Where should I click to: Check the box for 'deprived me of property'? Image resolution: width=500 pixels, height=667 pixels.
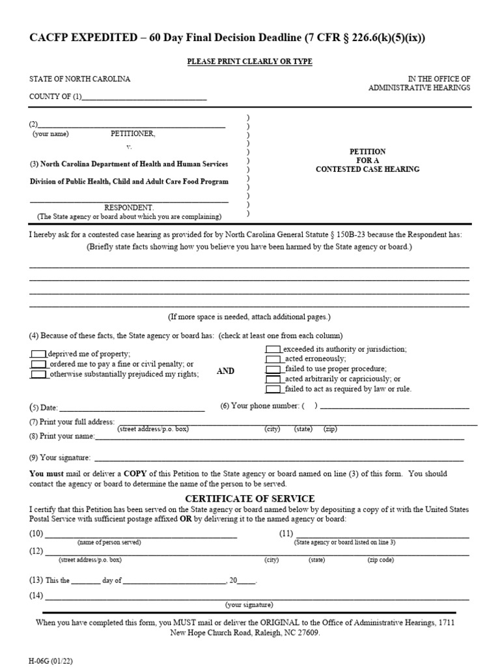pos(38,354)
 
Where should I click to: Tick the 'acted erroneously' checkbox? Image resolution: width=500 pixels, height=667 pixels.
pos(273,359)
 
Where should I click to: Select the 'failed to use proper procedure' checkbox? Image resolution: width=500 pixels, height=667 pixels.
pos(273,369)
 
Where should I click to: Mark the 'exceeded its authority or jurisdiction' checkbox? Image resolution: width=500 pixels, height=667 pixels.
pos(273,349)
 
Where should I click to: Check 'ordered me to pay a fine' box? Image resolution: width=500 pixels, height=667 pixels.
pos(38,364)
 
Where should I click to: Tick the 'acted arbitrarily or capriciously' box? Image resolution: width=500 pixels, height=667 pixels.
pos(273,379)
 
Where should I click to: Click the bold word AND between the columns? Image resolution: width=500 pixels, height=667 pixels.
pos(225,370)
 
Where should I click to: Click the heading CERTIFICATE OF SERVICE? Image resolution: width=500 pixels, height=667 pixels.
pos(249,498)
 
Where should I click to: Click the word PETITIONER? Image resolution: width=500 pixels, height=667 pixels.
pos(133,134)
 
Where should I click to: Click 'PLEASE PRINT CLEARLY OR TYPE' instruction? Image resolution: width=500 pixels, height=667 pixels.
pos(249,61)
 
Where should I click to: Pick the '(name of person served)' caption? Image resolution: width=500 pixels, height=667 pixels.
pos(109,542)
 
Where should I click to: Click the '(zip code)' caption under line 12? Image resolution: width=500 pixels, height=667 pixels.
pos(381,560)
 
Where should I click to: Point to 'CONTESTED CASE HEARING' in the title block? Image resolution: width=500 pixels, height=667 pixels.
pos(367,169)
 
